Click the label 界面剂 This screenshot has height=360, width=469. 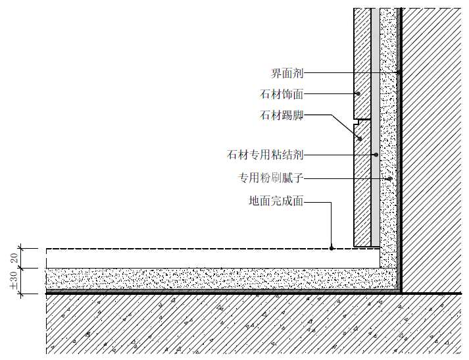[x=287, y=72]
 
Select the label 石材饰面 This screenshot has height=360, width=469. [x=282, y=94]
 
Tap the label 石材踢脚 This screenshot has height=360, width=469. [x=282, y=116]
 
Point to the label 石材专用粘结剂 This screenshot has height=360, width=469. [x=265, y=155]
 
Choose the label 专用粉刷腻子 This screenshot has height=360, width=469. [x=270, y=178]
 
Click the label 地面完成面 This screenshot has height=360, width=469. [x=276, y=201]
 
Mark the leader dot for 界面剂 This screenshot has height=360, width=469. [x=399, y=72]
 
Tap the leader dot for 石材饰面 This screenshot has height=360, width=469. [x=356, y=94]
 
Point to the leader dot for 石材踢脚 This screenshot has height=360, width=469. [x=360, y=138]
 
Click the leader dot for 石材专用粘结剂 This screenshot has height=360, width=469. [x=375, y=155]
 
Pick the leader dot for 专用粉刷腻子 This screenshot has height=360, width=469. [x=389, y=178]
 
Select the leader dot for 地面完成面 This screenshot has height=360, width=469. [x=332, y=248]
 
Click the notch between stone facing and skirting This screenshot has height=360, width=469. [x=359, y=120]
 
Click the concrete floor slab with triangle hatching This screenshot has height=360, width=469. [x=230, y=326]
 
